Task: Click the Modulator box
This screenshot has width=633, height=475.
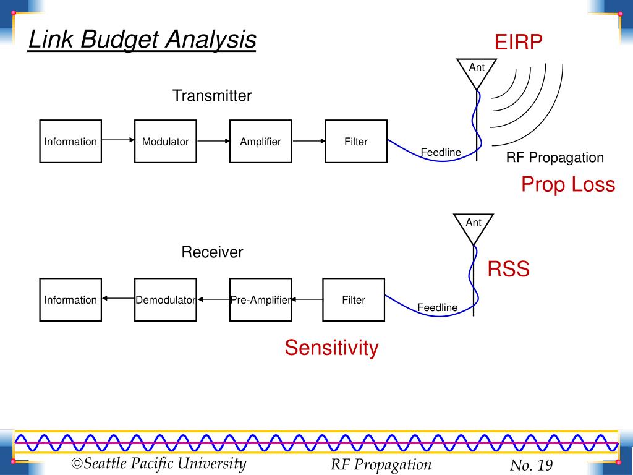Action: click(x=166, y=142)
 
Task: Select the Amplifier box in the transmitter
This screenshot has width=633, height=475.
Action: click(x=260, y=142)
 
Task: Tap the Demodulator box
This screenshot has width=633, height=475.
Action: click(x=166, y=300)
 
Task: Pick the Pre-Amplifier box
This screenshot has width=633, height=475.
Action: click(x=260, y=300)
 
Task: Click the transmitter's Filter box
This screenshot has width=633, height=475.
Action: click(x=356, y=142)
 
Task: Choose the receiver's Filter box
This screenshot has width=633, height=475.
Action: click(x=354, y=300)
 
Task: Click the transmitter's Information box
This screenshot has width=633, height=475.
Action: click(x=70, y=142)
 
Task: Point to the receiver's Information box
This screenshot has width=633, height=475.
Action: click(x=70, y=300)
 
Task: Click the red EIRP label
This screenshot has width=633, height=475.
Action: click(x=519, y=43)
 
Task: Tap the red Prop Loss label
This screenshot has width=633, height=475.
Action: click(x=568, y=184)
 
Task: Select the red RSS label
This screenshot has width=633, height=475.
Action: click(x=508, y=269)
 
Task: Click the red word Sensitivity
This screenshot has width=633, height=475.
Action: click(x=331, y=348)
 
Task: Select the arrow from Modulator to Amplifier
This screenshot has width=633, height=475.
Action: click(x=213, y=141)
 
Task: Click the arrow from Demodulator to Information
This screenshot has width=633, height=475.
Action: click(x=118, y=299)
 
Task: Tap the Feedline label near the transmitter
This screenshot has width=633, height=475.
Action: click(x=441, y=152)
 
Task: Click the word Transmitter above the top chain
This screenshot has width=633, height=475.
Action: click(x=212, y=96)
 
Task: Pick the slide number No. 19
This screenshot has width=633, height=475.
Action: click(x=531, y=465)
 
